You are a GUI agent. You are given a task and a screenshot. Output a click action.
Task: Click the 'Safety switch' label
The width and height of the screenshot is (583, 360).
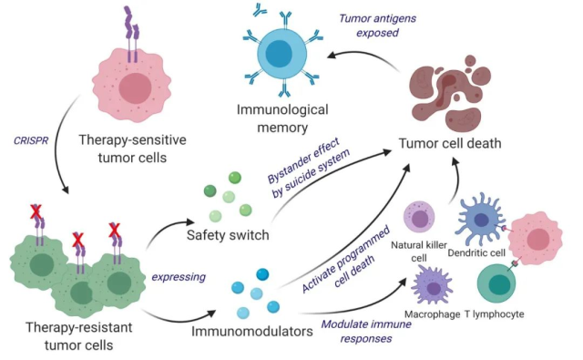click(228, 236)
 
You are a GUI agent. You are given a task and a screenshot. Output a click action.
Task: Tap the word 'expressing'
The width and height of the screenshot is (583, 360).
click(175, 273)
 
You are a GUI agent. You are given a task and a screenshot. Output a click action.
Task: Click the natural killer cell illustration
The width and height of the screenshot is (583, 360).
click(425, 218)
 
